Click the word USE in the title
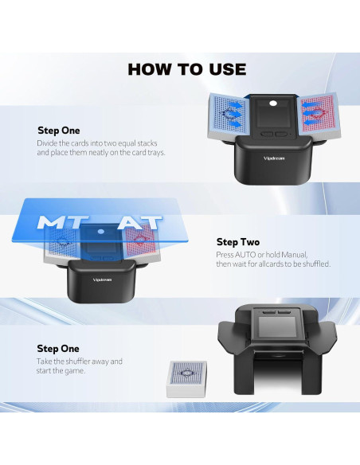pyautogui.click(x=226, y=69)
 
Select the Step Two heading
pyautogui.click(x=238, y=242)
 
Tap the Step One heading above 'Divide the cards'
pyautogui.click(x=59, y=130)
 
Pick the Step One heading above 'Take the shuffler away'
pyautogui.click(x=58, y=349)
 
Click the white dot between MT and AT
pyautogui.click(x=100, y=232)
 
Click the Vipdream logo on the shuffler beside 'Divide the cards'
pyautogui.click(x=275, y=158)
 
